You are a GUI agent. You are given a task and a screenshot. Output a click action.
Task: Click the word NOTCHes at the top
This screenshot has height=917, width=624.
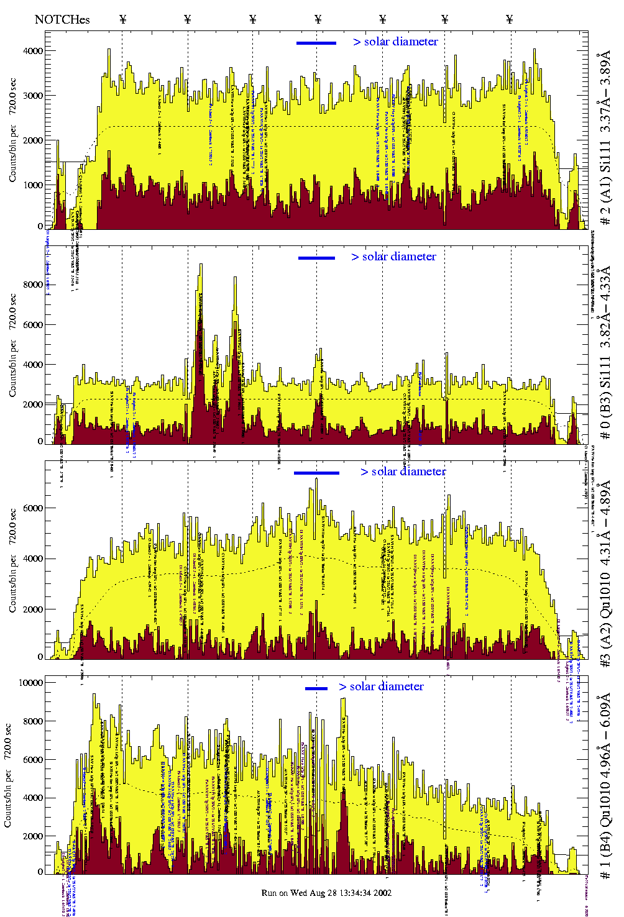(62, 19)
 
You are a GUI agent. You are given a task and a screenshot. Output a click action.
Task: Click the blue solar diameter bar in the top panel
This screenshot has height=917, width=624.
(316, 43)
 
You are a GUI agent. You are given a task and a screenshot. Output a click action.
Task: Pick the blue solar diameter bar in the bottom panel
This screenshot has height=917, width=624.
(316, 688)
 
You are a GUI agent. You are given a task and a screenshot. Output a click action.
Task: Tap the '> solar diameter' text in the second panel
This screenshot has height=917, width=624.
(393, 257)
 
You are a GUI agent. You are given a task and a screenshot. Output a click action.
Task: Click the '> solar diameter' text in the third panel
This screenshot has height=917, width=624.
(403, 472)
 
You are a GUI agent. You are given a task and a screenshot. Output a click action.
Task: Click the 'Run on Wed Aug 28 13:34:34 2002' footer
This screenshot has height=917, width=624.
(326, 893)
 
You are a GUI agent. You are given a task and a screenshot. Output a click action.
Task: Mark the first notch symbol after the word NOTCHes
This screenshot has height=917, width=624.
(122, 19)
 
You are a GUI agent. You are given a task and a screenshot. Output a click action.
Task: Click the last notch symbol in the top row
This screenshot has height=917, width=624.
(510, 19)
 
